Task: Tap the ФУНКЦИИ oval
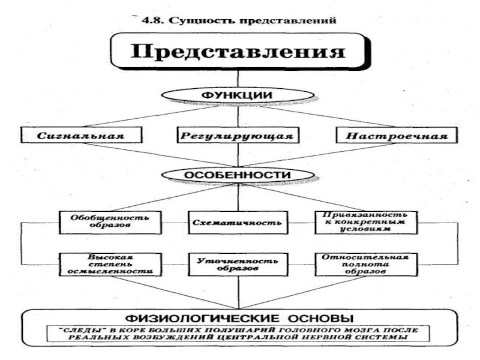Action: click(x=238, y=95)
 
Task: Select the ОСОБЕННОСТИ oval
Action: click(x=238, y=175)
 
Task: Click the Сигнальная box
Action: click(x=82, y=135)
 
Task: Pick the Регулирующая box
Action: click(x=238, y=135)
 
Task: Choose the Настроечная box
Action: click(x=397, y=135)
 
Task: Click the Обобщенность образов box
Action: click(x=110, y=223)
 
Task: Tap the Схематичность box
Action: click(x=238, y=223)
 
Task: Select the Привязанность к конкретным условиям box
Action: click(x=366, y=223)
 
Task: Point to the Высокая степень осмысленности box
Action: click(x=110, y=265)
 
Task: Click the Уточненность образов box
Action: click(x=238, y=265)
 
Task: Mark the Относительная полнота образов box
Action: click(x=366, y=265)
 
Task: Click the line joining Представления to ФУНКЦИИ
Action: click(x=238, y=79)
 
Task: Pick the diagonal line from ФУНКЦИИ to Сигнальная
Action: click(x=150, y=116)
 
